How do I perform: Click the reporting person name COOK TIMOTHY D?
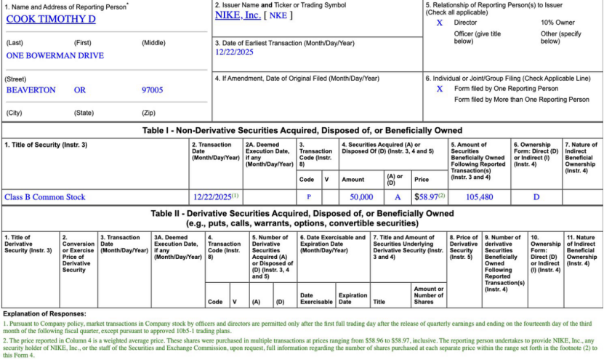pos(51,19)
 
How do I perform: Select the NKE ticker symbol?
pos(278,15)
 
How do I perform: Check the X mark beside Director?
pos(439,23)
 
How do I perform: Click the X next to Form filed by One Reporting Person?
pos(439,89)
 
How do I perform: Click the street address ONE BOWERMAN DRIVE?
pos(55,55)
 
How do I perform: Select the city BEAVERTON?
pos(31,90)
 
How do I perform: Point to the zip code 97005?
pos(152,90)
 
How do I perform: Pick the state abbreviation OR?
pos(81,90)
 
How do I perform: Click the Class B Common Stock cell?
pos(45,196)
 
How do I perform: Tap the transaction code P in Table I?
pos(308,197)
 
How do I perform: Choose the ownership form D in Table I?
pos(536,197)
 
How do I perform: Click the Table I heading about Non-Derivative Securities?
pos(302,130)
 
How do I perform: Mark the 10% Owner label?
pos(557,23)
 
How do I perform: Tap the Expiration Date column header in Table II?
pos(353,298)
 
